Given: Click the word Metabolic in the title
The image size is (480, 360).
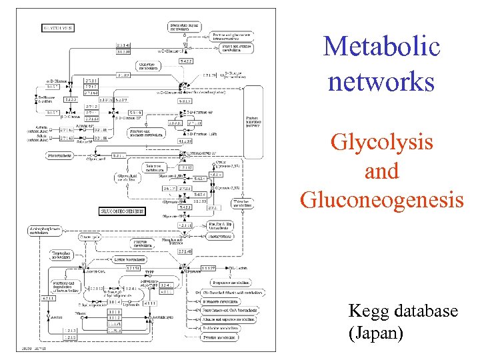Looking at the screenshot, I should (381, 47).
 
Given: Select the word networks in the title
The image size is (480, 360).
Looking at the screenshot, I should (381, 82).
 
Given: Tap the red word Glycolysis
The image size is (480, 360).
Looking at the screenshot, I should (381, 143).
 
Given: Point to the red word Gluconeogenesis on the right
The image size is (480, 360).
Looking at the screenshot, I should (381, 199).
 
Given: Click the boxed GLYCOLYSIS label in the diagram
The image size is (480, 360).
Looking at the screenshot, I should (59, 28).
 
